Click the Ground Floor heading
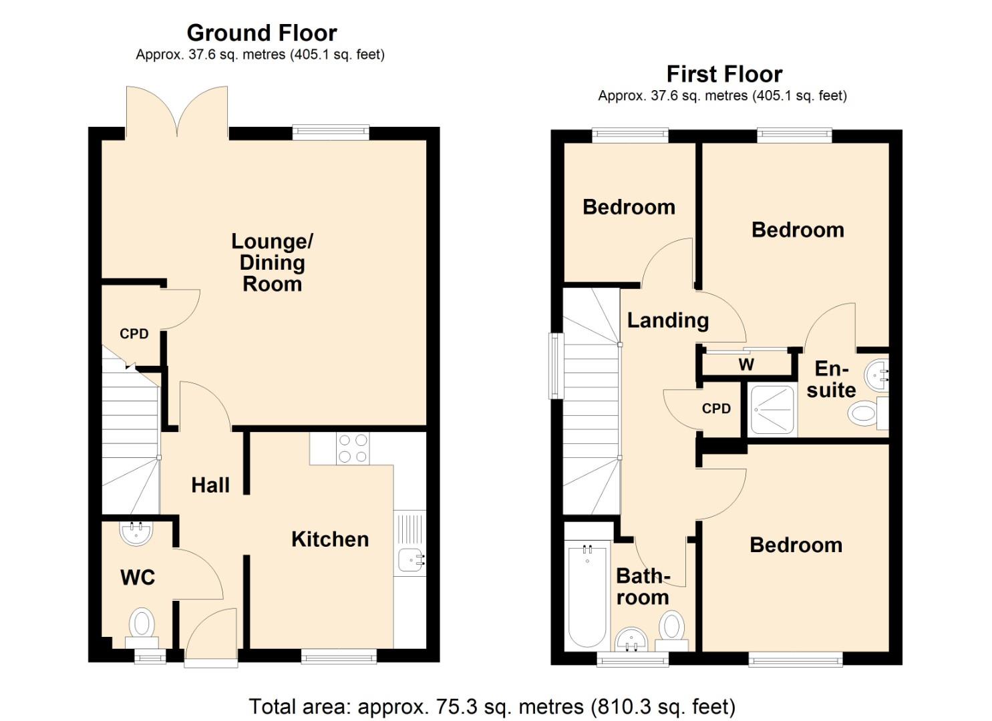click(x=261, y=33)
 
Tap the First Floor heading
click(x=724, y=74)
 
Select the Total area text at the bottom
click(x=492, y=706)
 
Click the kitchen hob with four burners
click(x=353, y=449)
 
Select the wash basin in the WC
click(x=136, y=532)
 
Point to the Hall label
click(x=210, y=485)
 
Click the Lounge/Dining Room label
click(x=272, y=262)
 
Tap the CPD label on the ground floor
click(x=134, y=334)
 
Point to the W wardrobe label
click(x=746, y=365)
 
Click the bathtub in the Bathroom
click(x=587, y=594)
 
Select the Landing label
click(x=667, y=320)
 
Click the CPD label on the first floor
click(x=716, y=409)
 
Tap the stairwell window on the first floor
click(x=554, y=366)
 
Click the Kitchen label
click(x=329, y=539)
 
